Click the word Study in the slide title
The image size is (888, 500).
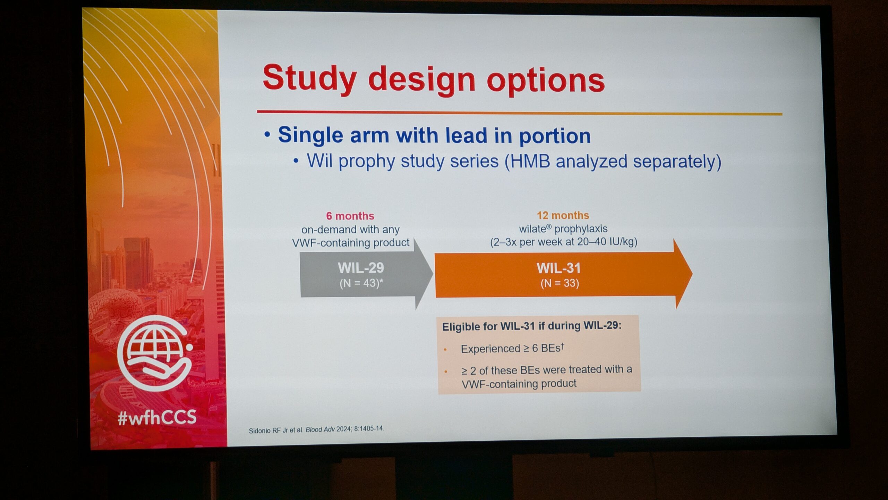tap(310, 78)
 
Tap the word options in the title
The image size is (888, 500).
tap(546, 82)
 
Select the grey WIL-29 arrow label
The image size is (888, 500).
tap(361, 268)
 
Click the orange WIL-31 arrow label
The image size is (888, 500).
tap(558, 268)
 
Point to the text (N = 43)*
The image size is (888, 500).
tap(361, 283)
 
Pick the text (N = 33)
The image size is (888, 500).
tap(560, 283)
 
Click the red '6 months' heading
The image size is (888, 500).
tap(350, 216)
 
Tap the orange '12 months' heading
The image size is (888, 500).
tap(563, 215)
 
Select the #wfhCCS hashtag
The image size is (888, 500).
tap(157, 417)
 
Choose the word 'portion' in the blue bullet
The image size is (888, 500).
tap(555, 136)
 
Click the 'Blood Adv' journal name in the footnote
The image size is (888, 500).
tap(320, 430)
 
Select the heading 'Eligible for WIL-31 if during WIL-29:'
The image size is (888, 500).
tap(531, 326)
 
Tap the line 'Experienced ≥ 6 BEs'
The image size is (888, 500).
tap(512, 348)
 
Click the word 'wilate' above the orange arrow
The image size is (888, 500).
tap(533, 229)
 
